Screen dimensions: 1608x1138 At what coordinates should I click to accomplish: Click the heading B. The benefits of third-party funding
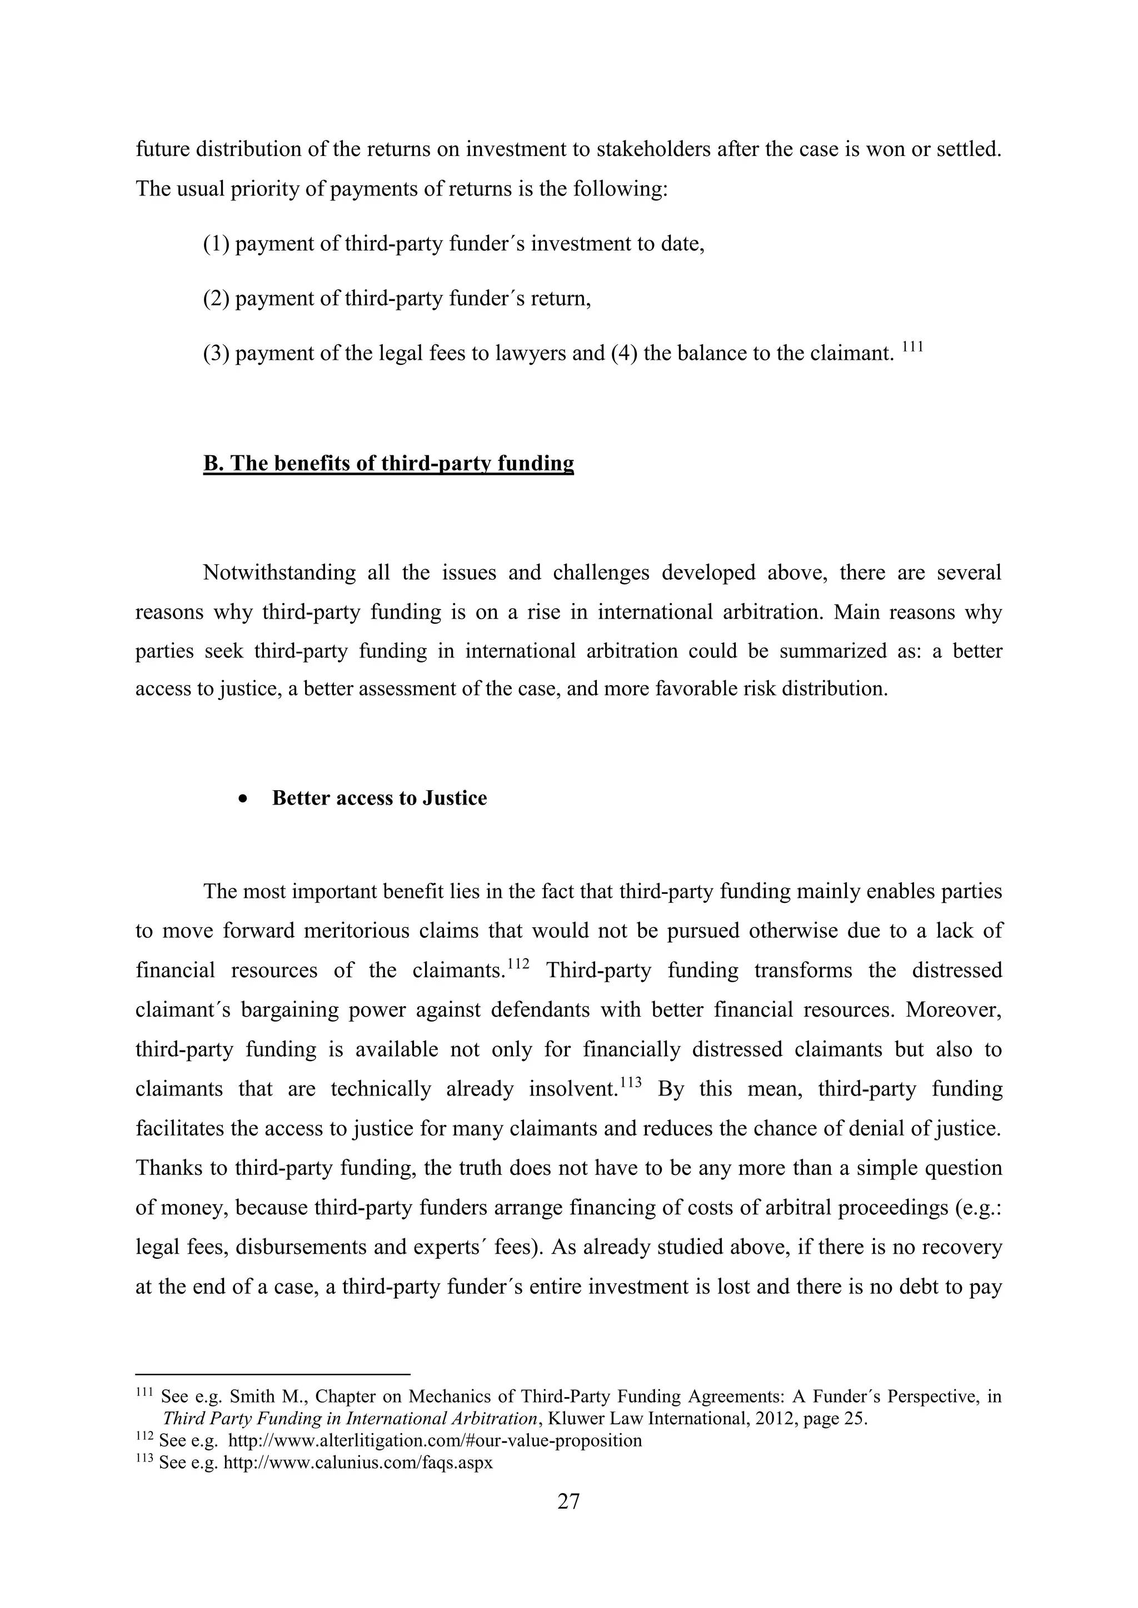(388, 463)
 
